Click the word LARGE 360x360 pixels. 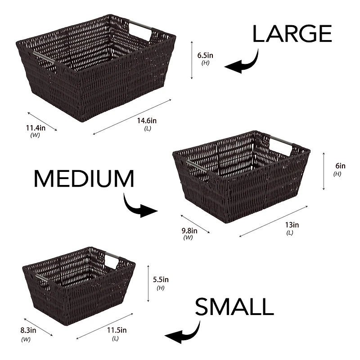292,34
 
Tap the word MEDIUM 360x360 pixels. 84,179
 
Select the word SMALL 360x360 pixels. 234,307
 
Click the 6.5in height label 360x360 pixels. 205,55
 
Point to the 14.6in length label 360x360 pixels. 147,121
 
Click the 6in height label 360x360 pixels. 337,166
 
